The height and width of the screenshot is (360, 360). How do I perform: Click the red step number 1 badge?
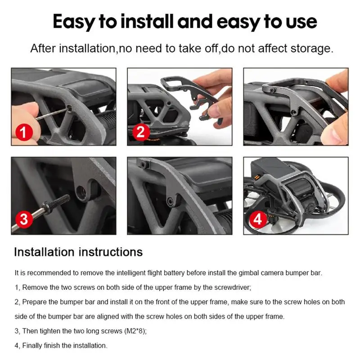tap(24, 132)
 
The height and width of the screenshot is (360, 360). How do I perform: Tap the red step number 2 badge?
tap(141, 132)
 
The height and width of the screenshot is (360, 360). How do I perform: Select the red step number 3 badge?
tap(24, 220)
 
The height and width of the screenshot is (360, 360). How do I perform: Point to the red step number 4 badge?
tap(258, 219)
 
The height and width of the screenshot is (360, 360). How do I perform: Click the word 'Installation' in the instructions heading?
tap(44, 252)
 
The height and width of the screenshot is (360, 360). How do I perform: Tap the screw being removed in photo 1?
tap(69, 108)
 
